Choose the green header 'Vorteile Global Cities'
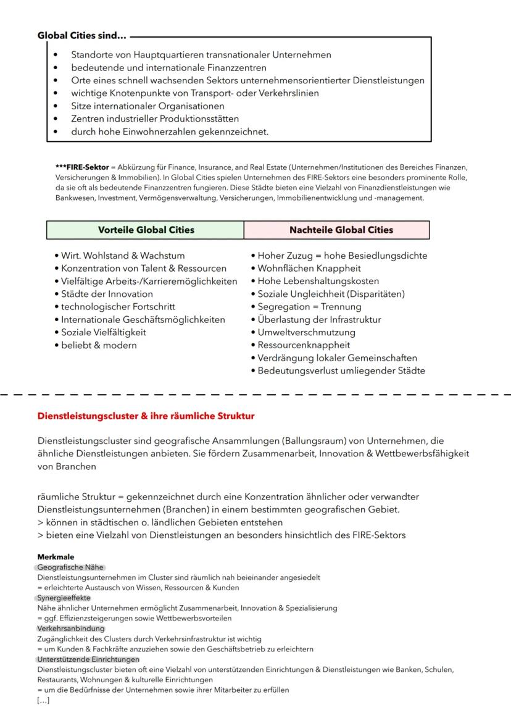click(x=146, y=230)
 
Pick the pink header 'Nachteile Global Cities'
click(x=341, y=230)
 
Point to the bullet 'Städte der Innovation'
click(x=107, y=294)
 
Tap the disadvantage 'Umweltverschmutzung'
click(x=306, y=332)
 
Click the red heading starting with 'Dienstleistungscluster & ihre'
click(x=146, y=416)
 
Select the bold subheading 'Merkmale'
click(x=56, y=557)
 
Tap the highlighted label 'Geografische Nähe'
click(x=71, y=567)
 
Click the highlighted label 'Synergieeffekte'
click(x=64, y=598)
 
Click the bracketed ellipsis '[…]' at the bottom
click(x=43, y=700)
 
